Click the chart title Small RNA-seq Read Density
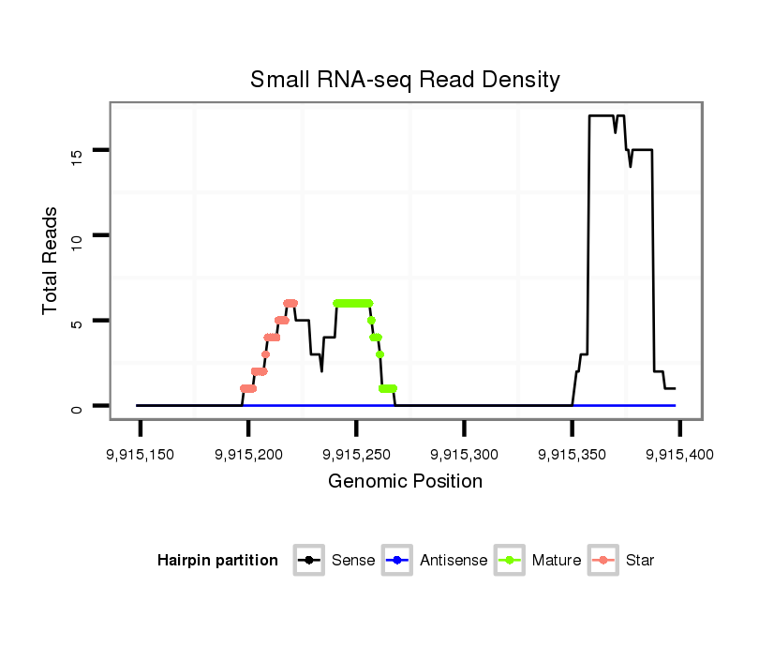405,80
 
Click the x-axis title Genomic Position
406,482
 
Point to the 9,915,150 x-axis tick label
141,455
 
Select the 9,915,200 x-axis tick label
248,455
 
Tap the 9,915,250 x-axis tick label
356,455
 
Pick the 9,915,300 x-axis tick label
465,455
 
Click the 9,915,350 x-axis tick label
573,455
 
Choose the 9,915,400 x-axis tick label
679,455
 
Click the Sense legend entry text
353,561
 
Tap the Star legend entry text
640,561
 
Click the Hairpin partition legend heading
217,561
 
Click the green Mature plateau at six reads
352,303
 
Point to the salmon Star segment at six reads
290,303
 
